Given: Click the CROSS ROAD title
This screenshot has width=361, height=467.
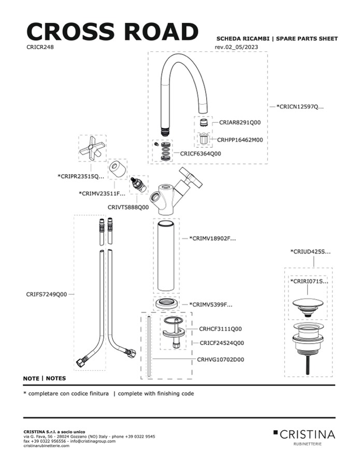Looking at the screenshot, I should [x=112, y=32].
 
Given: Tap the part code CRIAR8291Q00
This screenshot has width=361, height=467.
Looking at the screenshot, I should [x=239, y=123].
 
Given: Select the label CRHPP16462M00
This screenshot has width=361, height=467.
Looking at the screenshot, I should [x=240, y=139].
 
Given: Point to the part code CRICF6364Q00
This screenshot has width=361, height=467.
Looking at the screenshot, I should [x=200, y=154].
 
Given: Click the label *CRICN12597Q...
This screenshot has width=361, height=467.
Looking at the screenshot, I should [x=300, y=107].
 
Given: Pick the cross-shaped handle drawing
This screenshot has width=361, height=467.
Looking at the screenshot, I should [x=93, y=149].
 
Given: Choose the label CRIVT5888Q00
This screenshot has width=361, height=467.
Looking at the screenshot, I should [x=128, y=207].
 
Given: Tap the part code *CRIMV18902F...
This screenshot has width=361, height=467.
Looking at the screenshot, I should [x=212, y=239].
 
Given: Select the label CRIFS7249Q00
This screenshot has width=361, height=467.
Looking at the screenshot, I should [x=47, y=294].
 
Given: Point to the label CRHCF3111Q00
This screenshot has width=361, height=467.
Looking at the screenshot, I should [x=220, y=329].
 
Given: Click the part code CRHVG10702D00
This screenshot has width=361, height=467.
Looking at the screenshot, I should [x=220, y=359].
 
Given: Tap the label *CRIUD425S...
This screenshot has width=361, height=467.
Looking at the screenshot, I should [x=310, y=252].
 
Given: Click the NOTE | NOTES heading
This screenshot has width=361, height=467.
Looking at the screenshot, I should [x=45, y=378].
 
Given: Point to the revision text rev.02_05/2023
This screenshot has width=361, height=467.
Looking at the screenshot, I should [x=236, y=47].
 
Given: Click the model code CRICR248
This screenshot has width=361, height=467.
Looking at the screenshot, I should [x=40, y=47].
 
